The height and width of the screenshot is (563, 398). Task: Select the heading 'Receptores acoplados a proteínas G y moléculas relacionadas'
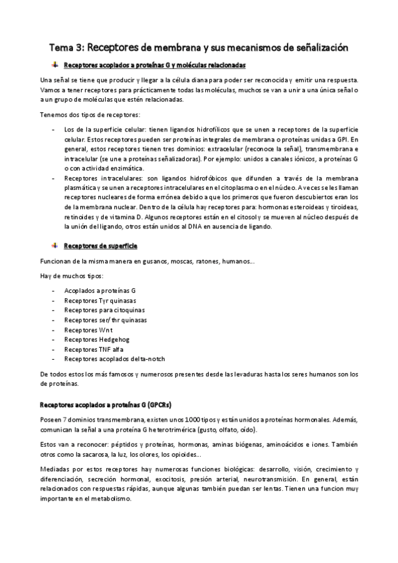pyautogui.click(x=154, y=66)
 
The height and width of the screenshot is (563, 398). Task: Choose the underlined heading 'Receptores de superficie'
pyautogui.click(x=100, y=228)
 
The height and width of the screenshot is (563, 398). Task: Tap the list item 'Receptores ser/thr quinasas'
pyautogui.click(x=105, y=320)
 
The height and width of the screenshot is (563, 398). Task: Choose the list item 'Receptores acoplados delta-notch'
pyautogui.click(x=114, y=359)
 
